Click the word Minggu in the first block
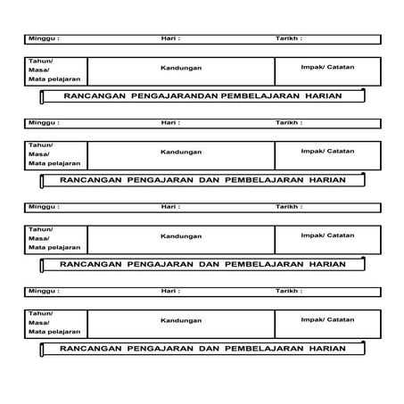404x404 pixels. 42,39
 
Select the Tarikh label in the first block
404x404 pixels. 288,39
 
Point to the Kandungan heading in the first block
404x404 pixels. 181,68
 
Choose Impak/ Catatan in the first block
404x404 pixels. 327,67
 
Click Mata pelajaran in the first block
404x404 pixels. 54,80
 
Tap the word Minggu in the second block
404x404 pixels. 42,122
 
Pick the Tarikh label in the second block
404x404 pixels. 288,122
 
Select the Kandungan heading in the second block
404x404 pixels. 181,152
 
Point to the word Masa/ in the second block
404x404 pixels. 39,153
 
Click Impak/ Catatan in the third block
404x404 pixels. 327,235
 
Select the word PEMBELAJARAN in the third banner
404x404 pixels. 261,264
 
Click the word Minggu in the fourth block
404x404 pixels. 42,291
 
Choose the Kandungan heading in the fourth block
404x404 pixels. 181,320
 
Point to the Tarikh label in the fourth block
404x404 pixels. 288,291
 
